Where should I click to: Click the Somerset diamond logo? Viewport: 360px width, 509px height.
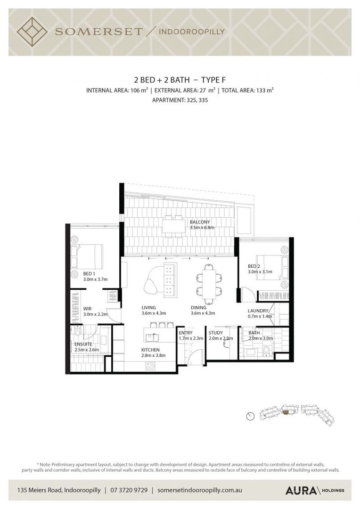click(x=32, y=32)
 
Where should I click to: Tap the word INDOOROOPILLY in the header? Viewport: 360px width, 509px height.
click(x=191, y=32)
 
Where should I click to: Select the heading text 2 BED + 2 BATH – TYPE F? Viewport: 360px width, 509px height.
click(x=180, y=80)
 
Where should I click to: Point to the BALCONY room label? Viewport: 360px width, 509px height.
click(x=200, y=222)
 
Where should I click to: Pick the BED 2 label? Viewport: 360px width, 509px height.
click(x=254, y=266)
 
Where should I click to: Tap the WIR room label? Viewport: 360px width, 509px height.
click(x=87, y=309)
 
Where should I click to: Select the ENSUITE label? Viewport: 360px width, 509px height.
click(x=83, y=344)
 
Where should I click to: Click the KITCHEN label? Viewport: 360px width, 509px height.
click(x=150, y=350)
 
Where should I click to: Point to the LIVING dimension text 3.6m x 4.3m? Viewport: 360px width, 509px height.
click(x=154, y=313)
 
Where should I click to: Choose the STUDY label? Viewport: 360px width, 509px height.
click(x=215, y=333)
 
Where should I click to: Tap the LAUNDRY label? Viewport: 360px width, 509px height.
click(x=258, y=311)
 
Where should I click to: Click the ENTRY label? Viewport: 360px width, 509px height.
click(x=185, y=333)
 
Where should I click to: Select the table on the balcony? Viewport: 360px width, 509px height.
click(x=172, y=226)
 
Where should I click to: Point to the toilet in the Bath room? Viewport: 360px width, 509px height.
click(x=266, y=351)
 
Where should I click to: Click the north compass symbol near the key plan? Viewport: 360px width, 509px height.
click(x=250, y=416)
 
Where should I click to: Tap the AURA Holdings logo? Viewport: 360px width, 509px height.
click(x=315, y=491)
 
